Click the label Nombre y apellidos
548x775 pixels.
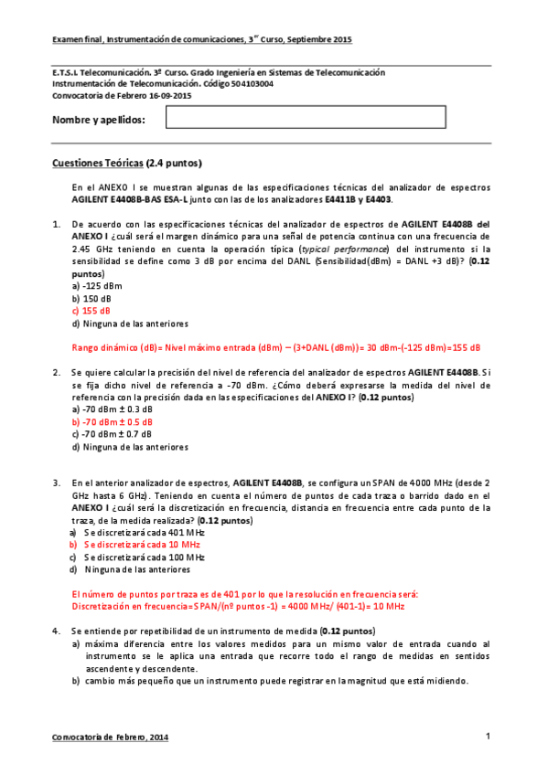pos(99,120)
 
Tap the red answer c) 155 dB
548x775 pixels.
pos(91,311)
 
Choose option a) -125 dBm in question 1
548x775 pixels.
pos(96,285)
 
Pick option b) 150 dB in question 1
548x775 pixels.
pos(92,298)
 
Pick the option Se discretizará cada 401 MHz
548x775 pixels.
pos(137,532)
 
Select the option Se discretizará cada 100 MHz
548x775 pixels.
pos(137,557)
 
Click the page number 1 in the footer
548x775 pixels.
pos(489,736)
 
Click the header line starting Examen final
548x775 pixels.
pos(201,41)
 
